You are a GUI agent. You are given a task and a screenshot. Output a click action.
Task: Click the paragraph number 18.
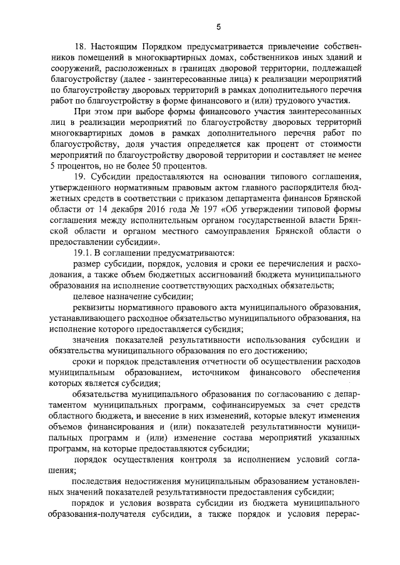79,47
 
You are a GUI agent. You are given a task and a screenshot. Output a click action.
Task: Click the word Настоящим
113,47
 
